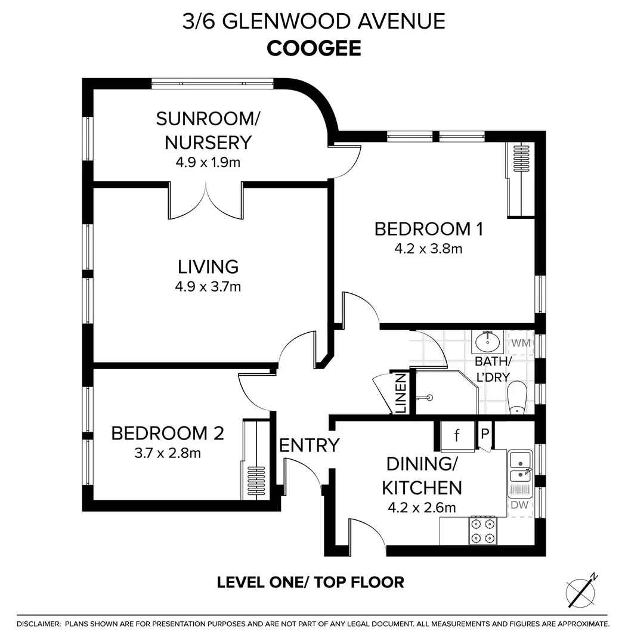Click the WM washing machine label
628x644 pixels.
tap(521, 342)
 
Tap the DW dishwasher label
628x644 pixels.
tap(519, 505)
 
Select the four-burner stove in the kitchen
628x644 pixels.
tap(482, 530)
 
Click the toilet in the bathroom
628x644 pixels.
tap(517, 398)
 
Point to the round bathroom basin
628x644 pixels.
tap(487, 341)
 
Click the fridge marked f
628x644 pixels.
tap(457, 436)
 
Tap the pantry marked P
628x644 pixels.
tap(485, 434)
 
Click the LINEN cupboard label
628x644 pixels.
tap(400, 393)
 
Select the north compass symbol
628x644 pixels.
tap(581, 591)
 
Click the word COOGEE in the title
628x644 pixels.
tap(314, 48)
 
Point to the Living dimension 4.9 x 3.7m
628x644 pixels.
tap(208, 287)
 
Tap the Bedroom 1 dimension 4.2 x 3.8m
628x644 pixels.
tap(428, 249)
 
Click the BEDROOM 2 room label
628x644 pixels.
tap(168, 434)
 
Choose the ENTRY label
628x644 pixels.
tap(310, 445)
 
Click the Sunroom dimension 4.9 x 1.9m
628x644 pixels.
tap(208, 163)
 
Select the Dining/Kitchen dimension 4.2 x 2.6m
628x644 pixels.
tap(422, 508)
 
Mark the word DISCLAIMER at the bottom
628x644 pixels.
tap(39, 624)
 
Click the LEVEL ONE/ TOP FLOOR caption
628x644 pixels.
tap(311, 583)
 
